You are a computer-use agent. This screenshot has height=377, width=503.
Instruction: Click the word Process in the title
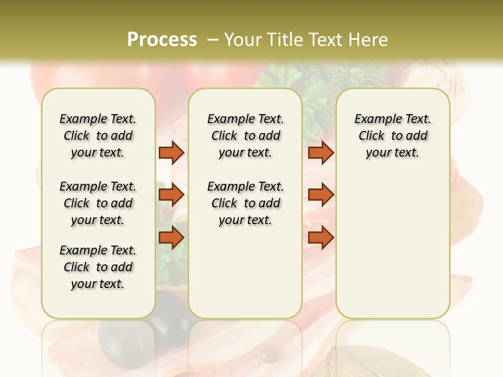pyautogui.click(x=162, y=39)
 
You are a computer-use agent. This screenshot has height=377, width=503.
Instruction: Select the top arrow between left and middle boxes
pyautogui.click(x=171, y=152)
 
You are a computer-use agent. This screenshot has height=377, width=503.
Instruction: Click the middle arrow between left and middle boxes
pyautogui.click(x=171, y=195)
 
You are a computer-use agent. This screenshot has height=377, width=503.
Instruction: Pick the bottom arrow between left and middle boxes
pyautogui.click(x=171, y=237)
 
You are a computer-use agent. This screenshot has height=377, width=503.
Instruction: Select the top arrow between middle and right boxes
pyautogui.click(x=321, y=152)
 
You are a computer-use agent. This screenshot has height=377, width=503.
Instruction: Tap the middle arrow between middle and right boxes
pyautogui.click(x=321, y=195)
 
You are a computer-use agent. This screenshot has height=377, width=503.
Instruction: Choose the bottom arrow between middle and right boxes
pyautogui.click(x=321, y=237)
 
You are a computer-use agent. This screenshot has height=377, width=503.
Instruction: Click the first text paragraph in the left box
pyautogui.click(x=98, y=136)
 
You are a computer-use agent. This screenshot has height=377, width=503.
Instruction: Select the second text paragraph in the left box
pyautogui.click(x=98, y=203)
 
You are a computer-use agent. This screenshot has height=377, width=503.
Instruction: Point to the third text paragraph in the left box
pyautogui.click(x=98, y=267)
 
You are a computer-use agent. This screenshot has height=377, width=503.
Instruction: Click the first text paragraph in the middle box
pyautogui.click(x=245, y=136)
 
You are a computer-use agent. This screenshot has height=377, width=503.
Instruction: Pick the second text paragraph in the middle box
pyautogui.click(x=245, y=203)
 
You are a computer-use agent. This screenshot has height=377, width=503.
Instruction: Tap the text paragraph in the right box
pyautogui.click(x=392, y=136)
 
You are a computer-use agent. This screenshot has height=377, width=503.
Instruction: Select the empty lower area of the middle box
pyautogui.click(x=245, y=272)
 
